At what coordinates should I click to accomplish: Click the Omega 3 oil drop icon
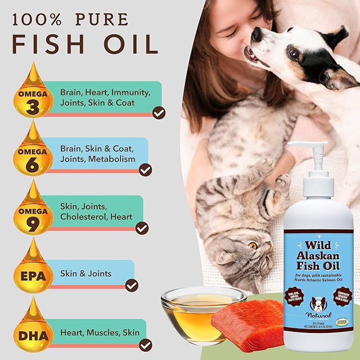[x=33, y=94]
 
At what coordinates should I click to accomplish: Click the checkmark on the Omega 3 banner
[x=159, y=112]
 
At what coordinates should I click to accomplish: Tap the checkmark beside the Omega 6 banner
[x=145, y=170]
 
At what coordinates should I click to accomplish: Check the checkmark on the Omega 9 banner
[x=142, y=228]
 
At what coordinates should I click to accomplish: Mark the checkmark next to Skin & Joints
[x=132, y=285]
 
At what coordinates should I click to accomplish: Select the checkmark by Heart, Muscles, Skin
[x=145, y=345]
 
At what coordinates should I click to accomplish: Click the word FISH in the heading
[x=45, y=45]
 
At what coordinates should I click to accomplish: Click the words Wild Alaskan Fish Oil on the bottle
[x=323, y=254]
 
